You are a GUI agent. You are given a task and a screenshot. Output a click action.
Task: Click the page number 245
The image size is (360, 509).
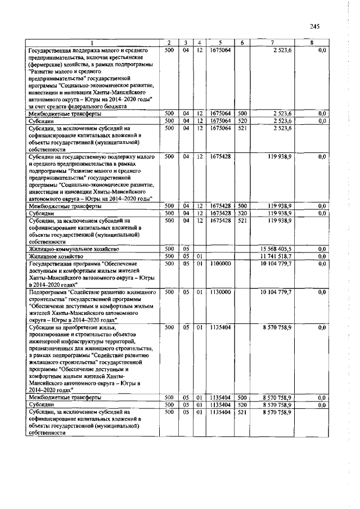(314, 26)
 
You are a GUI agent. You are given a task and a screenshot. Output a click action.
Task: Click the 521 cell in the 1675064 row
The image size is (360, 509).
(242, 128)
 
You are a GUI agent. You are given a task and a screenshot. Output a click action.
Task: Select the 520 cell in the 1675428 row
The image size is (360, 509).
(242, 213)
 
